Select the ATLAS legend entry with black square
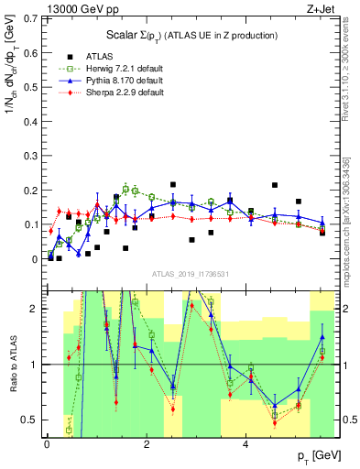pos(104,55)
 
